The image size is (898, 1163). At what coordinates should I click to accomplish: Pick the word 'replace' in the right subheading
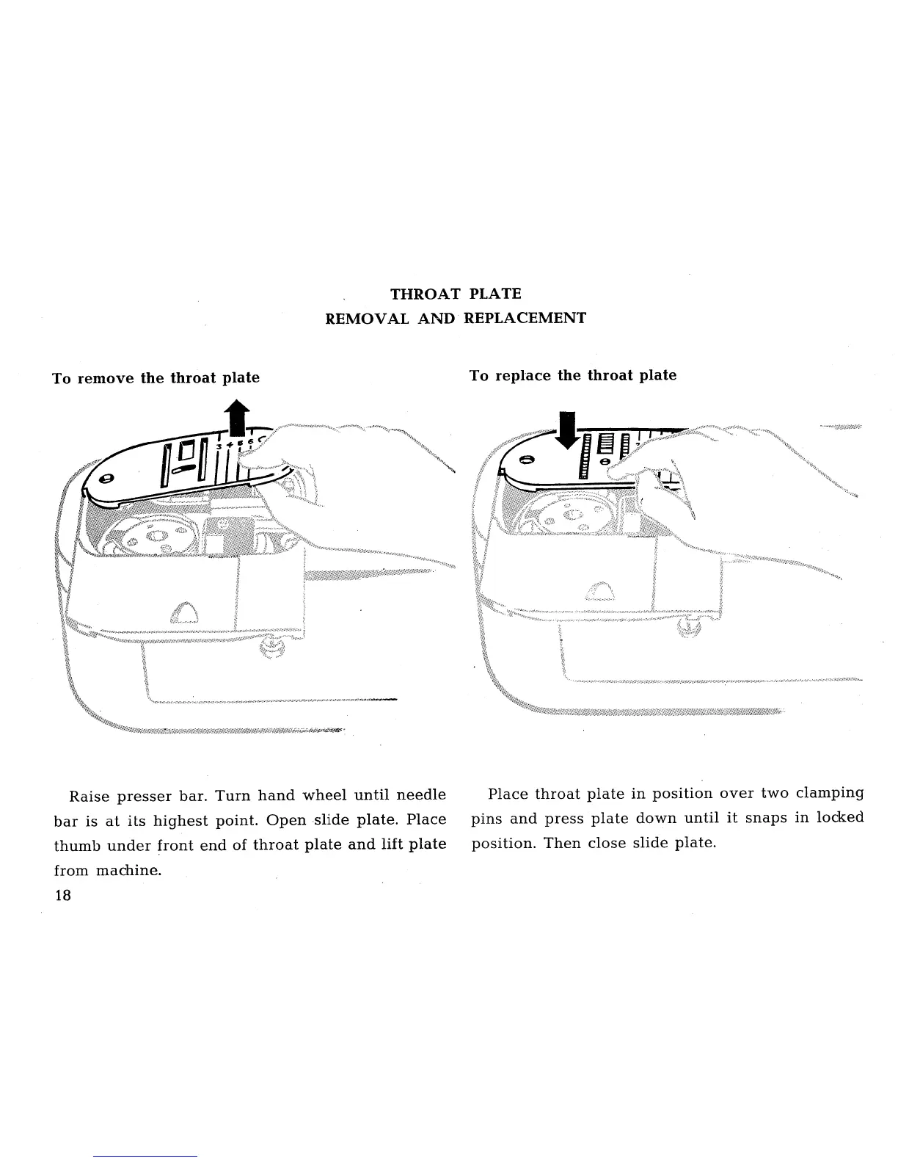[x=524, y=376]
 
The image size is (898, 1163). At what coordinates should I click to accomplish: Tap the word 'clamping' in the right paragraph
[x=829, y=793]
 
